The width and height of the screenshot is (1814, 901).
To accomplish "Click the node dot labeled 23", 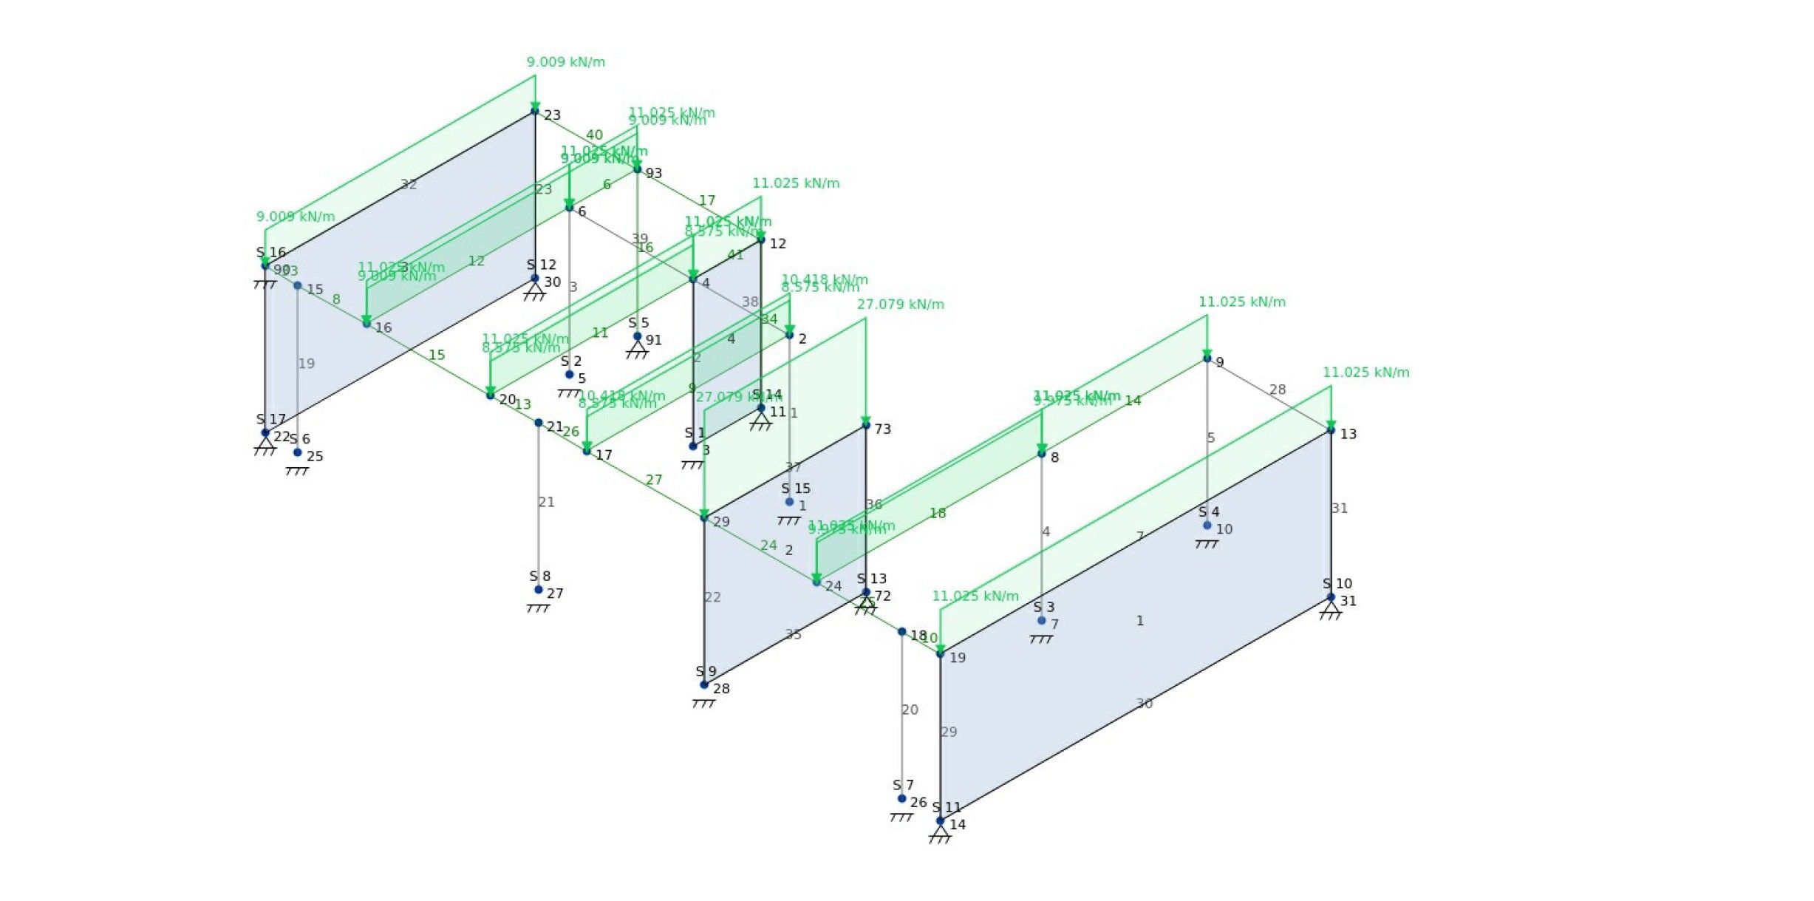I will pos(535,112).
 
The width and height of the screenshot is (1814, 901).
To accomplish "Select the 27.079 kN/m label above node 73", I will pos(900,305).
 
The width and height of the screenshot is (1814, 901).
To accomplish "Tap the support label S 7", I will pos(903,785).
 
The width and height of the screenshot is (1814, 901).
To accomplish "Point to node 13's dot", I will pos(1331,429).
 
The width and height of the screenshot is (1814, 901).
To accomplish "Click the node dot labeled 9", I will pos(1207,358).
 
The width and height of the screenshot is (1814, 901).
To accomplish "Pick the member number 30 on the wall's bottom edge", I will pos(1144,704).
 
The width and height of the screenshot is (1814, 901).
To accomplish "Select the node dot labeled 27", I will pos(539,590).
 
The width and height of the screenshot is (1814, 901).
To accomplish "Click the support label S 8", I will pos(539,577).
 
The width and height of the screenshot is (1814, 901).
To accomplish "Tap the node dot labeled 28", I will pos(704,685).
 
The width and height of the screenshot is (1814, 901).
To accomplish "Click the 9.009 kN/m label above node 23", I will pos(565,62).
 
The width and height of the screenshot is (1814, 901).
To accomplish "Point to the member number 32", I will pos(409,185).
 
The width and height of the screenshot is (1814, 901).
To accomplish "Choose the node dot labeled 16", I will pos(366,324).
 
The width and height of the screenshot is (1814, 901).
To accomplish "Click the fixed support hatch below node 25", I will pos(297,471).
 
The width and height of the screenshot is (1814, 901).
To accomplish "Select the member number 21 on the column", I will pos(546,503).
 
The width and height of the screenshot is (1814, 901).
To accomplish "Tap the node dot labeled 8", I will pos(1042,453).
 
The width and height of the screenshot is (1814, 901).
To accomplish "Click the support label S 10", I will pos(1337,584).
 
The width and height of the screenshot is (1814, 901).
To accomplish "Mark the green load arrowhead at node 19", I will pos(941,649).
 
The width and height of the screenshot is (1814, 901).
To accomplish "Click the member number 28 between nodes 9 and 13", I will pos(1277,390).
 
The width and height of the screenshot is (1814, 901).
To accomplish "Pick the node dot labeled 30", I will pos(535,279).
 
